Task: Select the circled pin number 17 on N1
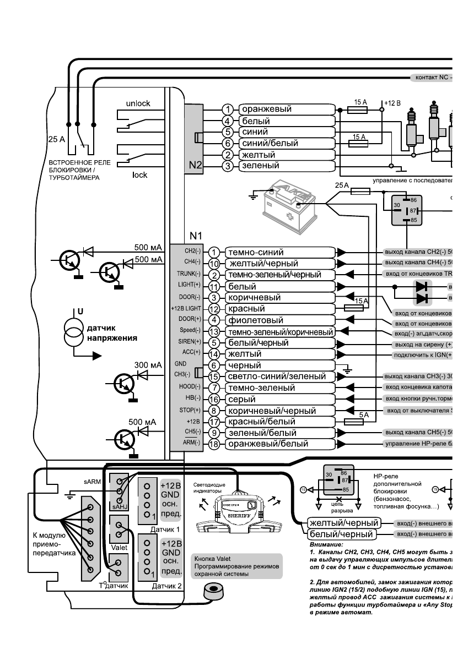coord(215,422)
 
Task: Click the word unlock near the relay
coord(138,103)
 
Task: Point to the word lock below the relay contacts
coord(140,174)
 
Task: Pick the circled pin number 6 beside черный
coord(215,365)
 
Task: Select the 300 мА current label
coord(148,364)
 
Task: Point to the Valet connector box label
coord(119,548)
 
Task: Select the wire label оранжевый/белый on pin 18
coord(268,444)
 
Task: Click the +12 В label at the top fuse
coord(392,102)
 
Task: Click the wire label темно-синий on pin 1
coord(256,253)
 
